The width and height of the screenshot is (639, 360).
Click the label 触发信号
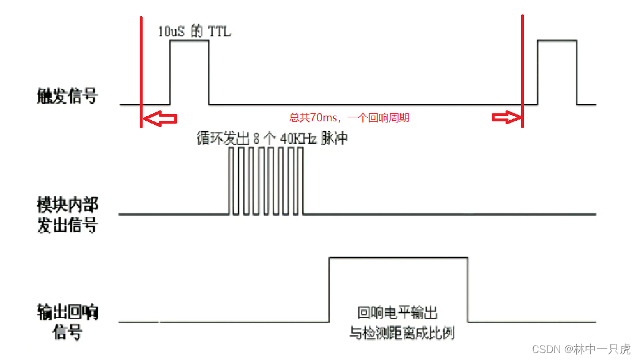point(67,95)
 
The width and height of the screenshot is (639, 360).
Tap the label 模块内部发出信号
point(67,215)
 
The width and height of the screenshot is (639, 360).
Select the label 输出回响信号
point(67,321)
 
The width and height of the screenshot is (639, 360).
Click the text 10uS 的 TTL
point(194,31)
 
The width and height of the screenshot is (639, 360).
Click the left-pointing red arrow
point(160,118)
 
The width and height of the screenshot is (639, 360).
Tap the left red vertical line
point(141,69)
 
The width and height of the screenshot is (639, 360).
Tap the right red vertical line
point(522,69)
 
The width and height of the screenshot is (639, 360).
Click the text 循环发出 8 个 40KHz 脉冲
point(272,139)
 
